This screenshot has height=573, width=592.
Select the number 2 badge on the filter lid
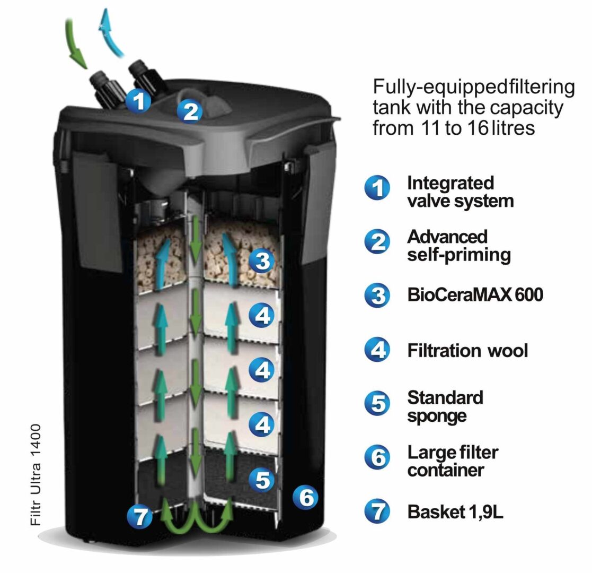pos(190,111)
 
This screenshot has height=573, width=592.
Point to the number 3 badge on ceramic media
pos(262,261)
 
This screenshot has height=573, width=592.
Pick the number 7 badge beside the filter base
pos(140,516)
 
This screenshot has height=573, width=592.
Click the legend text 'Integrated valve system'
pos(460,192)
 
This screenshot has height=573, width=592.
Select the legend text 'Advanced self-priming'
pos(459,246)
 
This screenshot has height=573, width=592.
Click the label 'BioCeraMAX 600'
pos(475,295)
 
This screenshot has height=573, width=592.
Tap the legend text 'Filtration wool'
pos(467,350)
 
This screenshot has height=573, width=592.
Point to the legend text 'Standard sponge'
pos(445,407)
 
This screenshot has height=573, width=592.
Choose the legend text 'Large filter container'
pos(453,461)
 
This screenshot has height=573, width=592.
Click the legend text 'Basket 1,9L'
pos(455,512)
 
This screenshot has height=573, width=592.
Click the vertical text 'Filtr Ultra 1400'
pos(36,475)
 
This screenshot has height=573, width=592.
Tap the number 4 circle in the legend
pos(377,350)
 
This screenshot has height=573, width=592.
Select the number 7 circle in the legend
pos(377,511)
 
